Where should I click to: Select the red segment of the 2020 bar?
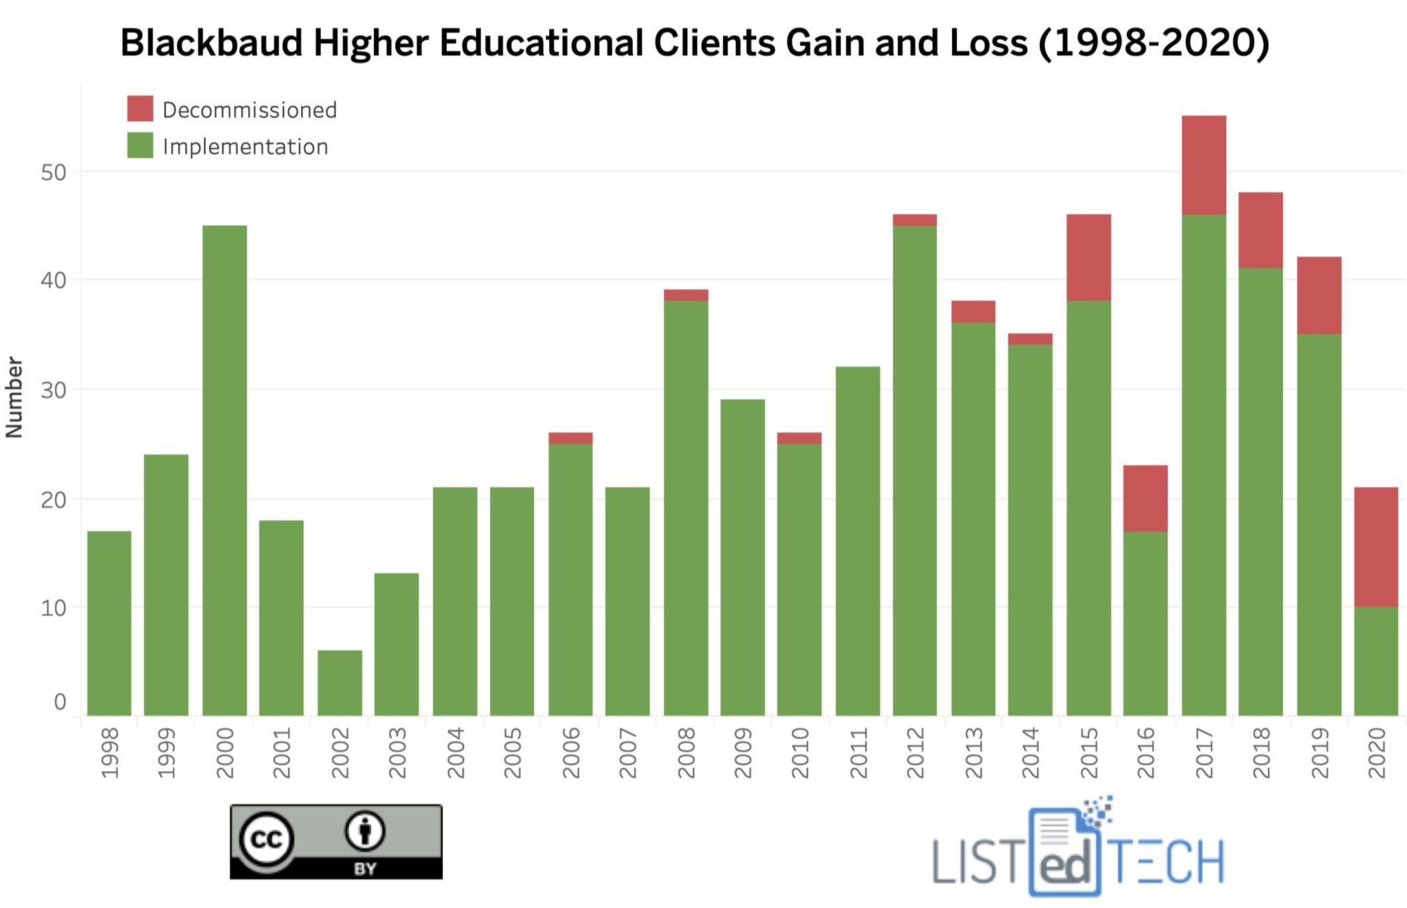tap(1376, 547)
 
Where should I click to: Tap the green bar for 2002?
tap(339, 682)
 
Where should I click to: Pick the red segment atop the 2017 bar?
tap(1203, 165)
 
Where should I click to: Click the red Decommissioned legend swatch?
tap(140, 108)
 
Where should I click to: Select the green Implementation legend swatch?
tap(140, 145)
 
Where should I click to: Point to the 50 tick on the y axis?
tap(53, 173)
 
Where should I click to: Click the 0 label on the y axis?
tap(60, 702)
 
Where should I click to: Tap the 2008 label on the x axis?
tap(686, 753)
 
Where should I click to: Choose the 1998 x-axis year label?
tap(110, 753)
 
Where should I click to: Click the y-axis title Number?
tap(14, 397)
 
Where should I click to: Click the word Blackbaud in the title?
tap(211, 43)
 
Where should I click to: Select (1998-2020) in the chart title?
tap(1153, 43)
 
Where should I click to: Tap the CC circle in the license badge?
tap(266, 839)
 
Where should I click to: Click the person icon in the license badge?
tap(365, 831)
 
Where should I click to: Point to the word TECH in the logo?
tap(1167, 862)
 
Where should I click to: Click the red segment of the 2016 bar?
tap(1145, 498)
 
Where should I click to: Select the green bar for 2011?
tap(857, 541)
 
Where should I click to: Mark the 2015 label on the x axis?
tap(1089, 753)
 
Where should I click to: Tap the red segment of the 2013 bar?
tap(973, 312)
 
